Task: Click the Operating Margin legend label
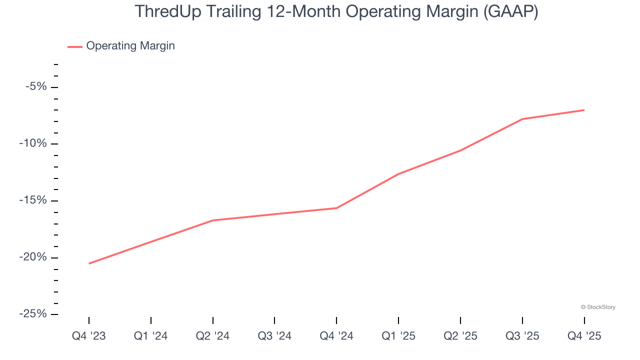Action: (130, 46)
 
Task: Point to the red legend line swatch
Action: (75, 46)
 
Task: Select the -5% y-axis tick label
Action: (36, 87)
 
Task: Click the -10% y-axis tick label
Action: (33, 144)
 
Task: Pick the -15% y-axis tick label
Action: (33, 200)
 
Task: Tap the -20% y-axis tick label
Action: (33, 257)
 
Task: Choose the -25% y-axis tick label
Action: (33, 314)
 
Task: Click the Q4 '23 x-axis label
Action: (89, 336)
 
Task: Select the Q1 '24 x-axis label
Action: (151, 336)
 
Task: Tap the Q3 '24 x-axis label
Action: (274, 336)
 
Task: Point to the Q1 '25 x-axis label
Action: (398, 336)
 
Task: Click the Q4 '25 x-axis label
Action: (584, 336)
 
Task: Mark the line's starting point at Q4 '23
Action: (89, 263)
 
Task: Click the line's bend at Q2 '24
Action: (213, 220)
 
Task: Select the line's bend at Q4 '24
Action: (336, 208)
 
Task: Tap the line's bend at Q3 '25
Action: (522, 119)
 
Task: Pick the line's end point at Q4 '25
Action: (584, 110)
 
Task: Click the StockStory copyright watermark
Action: (598, 307)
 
